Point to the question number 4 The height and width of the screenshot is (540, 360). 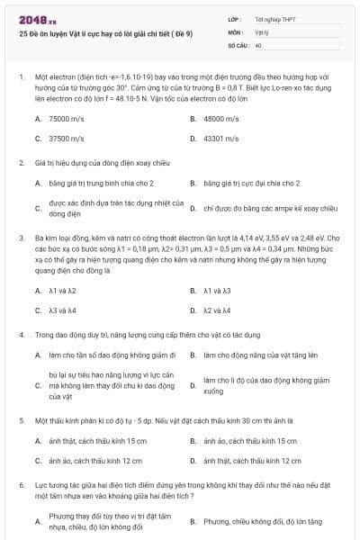(x=21, y=334)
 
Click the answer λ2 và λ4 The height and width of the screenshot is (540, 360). (x=217, y=310)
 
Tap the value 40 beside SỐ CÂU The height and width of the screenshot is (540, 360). (x=258, y=44)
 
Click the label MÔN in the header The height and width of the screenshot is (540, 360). (x=235, y=31)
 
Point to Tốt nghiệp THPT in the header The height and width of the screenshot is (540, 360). (x=275, y=19)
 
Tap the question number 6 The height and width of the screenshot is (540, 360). (x=21, y=484)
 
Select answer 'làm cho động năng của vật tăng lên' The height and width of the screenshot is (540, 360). (x=261, y=355)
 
